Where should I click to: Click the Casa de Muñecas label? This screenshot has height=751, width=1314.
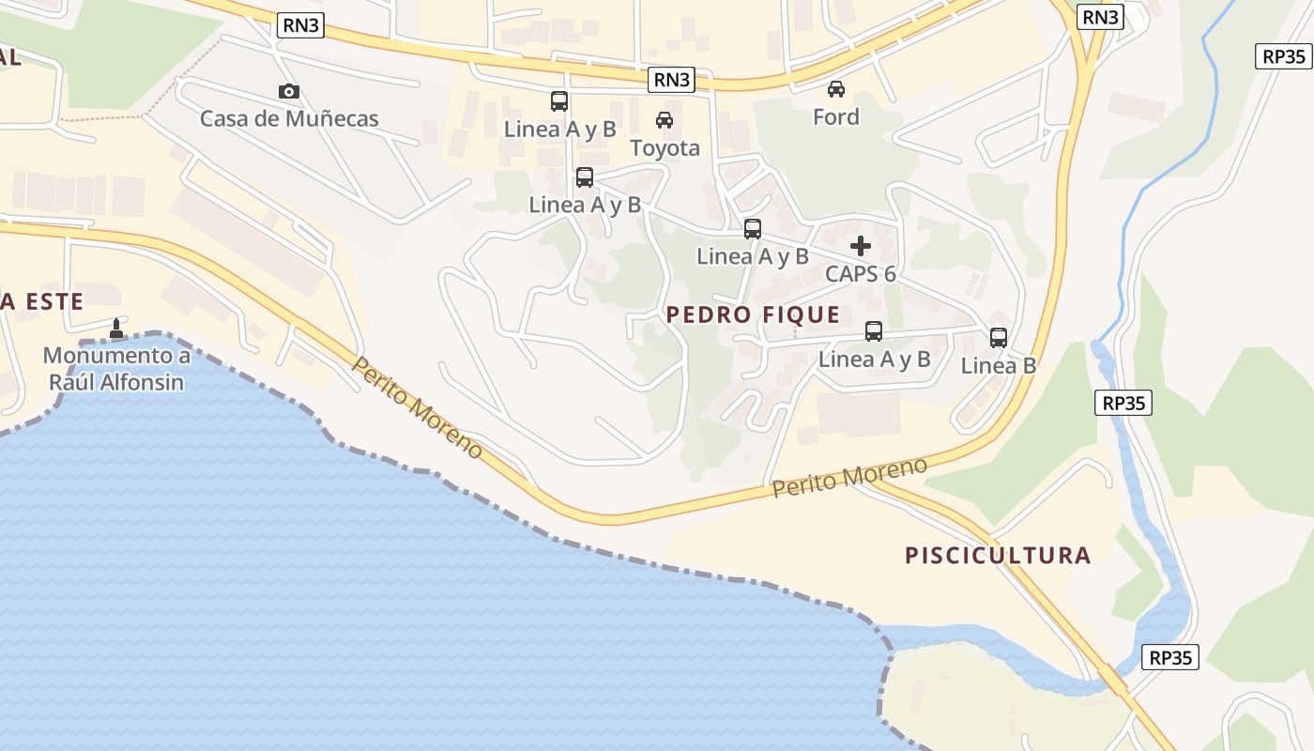[x=289, y=119]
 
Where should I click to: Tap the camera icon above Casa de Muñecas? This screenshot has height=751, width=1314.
[x=289, y=91]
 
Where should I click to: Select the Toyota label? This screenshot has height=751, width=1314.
[x=665, y=148]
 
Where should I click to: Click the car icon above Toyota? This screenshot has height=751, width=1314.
[x=665, y=119]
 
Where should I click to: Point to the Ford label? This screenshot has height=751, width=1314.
[x=835, y=117]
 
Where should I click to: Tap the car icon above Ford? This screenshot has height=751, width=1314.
[x=835, y=89]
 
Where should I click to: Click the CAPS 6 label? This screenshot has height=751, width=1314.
[x=861, y=274]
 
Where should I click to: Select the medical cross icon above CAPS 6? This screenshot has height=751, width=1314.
[x=861, y=246]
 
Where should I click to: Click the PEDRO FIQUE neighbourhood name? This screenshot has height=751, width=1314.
[x=753, y=314]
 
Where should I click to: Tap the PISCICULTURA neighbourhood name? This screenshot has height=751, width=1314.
[x=998, y=555]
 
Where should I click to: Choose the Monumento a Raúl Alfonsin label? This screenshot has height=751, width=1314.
[x=116, y=369]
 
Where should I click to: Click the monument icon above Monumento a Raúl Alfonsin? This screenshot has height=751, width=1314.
[x=116, y=329]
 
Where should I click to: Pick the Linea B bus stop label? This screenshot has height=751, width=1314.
[x=999, y=366]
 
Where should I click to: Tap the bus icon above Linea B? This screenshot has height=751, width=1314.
[x=999, y=338]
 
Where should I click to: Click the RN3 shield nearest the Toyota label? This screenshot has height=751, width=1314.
[x=671, y=80]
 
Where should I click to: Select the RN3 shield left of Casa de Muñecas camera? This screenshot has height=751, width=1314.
[x=301, y=25]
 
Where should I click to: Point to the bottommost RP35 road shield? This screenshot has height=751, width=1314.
[x=1170, y=657]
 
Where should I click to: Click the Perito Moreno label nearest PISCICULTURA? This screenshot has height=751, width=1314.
[x=849, y=478]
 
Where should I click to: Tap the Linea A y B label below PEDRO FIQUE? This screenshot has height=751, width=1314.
[x=874, y=359]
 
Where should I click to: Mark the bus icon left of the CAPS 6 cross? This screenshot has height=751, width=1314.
[x=753, y=228]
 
